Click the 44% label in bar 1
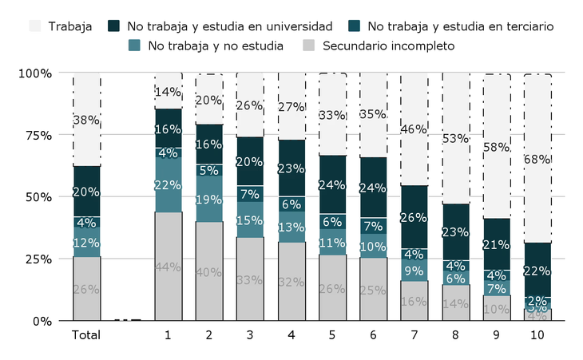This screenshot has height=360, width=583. [168, 267]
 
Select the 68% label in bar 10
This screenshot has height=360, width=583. [537, 159]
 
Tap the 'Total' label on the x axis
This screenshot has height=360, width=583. [86, 335]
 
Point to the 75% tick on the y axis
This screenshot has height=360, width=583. [35, 135]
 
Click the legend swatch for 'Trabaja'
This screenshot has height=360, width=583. [35, 26]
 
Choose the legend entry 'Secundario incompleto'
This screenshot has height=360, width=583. [388, 45]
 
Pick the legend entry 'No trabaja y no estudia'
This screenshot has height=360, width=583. [215, 45]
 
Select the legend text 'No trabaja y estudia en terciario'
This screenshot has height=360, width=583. [462, 26]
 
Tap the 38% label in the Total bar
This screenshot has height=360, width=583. [86, 121]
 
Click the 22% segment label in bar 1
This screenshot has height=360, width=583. [168, 184]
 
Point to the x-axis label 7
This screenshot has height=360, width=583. [414, 335]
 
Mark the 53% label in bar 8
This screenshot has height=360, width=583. [455, 138]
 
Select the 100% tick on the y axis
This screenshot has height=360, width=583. [35, 73]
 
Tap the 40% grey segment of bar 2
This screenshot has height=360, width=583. [209, 272]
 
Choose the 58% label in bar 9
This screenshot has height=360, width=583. [497, 147]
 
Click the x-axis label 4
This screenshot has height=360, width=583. [291, 335]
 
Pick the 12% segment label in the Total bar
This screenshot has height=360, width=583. [86, 242]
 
